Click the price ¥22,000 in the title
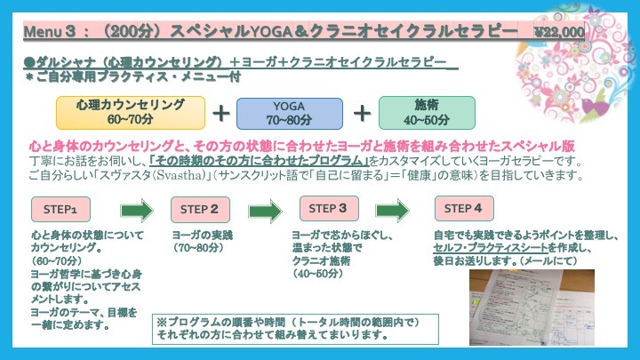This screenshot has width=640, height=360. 559,32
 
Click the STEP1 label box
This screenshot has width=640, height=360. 61,210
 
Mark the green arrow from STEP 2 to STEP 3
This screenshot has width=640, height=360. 265,211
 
